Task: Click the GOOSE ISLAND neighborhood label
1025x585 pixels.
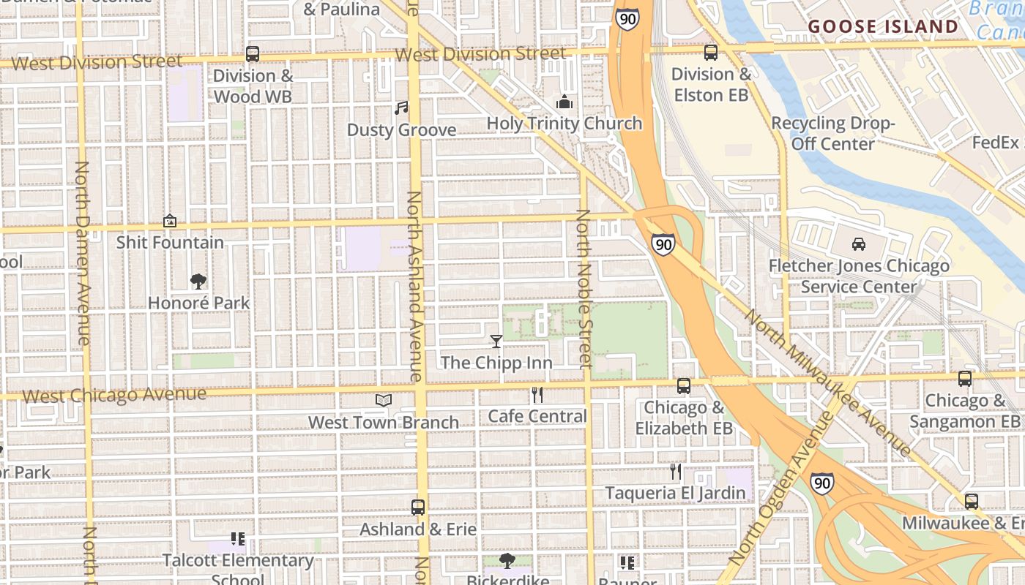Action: click(x=882, y=27)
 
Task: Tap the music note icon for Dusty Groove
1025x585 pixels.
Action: click(x=401, y=108)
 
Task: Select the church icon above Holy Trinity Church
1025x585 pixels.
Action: click(x=564, y=102)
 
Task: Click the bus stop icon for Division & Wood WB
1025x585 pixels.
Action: click(x=253, y=53)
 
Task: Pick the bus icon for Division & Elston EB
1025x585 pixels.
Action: click(x=710, y=52)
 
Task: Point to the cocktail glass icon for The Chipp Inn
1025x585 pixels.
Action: click(x=496, y=341)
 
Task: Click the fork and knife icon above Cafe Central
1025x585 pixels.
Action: click(x=537, y=395)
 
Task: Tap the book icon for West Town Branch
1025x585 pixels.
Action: click(x=384, y=400)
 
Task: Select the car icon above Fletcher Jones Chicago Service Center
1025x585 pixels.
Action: click(x=859, y=244)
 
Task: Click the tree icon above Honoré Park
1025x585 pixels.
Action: click(x=198, y=281)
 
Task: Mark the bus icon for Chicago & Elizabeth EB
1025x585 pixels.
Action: click(x=683, y=385)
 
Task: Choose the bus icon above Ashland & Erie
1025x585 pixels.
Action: click(x=417, y=507)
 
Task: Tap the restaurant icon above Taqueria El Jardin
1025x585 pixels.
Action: click(x=675, y=471)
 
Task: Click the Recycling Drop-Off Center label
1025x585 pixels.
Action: click(x=833, y=133)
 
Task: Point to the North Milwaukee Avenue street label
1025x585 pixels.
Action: click(x=828, y=382)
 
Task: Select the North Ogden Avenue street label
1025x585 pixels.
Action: click(x=783, y=488)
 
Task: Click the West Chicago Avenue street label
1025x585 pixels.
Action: click(x=114, y=396)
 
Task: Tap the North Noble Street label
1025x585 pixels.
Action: click(x=584, y=289)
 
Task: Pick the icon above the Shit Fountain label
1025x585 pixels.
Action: click(x=170, y=220)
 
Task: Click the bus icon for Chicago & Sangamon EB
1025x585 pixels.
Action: click(x=965, y=378)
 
